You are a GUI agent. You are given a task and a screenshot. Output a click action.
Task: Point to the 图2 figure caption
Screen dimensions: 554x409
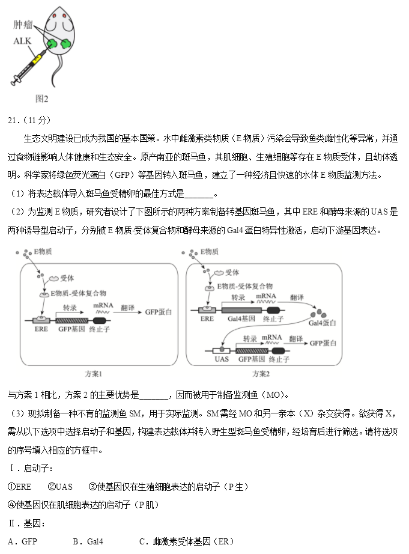point(41,98)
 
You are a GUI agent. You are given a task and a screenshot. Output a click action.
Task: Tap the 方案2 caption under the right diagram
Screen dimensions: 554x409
point(259,373)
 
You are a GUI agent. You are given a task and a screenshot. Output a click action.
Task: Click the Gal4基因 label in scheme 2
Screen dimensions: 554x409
point(243,319)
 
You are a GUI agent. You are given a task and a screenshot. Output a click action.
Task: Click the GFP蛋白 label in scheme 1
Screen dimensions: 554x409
point(158,312)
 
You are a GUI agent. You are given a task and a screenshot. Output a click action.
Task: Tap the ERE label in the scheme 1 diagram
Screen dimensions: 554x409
point(41,329)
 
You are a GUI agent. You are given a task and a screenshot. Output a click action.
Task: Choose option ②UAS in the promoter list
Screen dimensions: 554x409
point(60,487)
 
